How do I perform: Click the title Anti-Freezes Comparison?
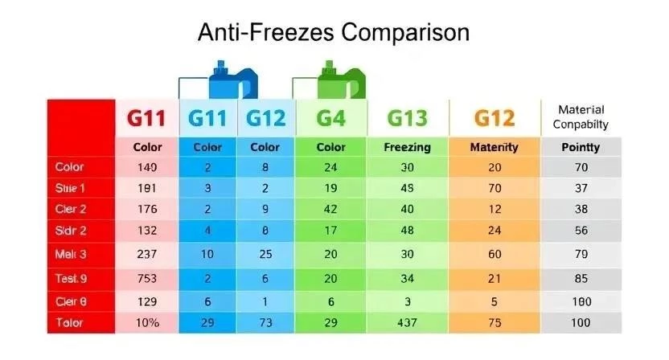point(334,33)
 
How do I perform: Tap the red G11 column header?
point(146,118)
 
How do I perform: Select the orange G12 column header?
point(494,118)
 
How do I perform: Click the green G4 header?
point(330,118)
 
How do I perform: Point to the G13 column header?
point(407,118)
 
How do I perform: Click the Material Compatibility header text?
point(581,117)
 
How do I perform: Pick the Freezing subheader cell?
point(407,148)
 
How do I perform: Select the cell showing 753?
point(146,280)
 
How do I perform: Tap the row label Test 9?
point(72,280)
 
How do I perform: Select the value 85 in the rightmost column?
point(581,280)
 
